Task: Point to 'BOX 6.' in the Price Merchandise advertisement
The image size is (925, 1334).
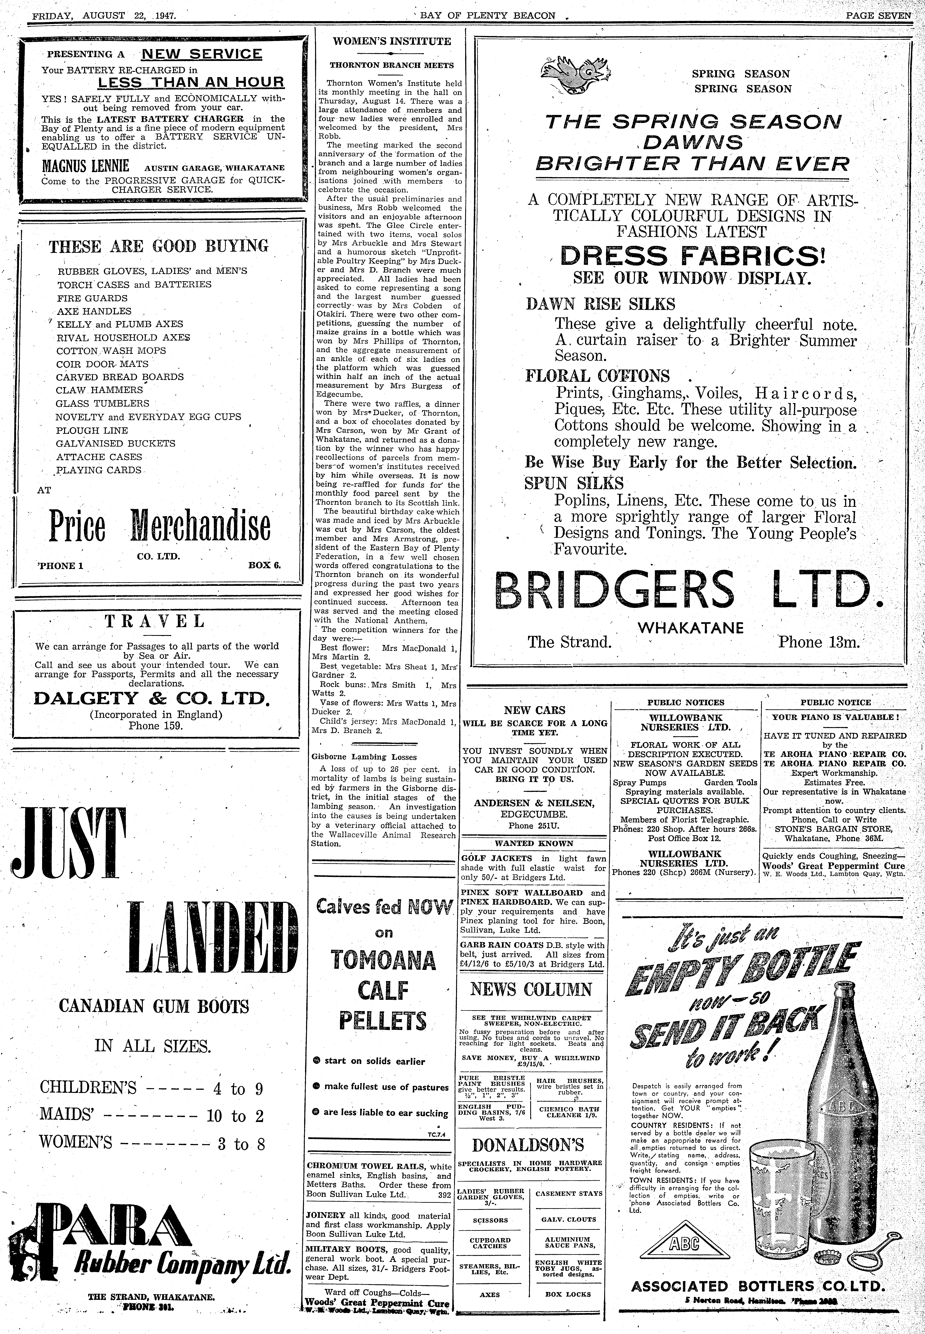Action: click(x=264, y=565)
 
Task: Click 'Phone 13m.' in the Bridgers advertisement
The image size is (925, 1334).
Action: click(x=819, y=642)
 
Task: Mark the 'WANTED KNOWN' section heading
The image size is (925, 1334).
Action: click(x=533, y=843)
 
